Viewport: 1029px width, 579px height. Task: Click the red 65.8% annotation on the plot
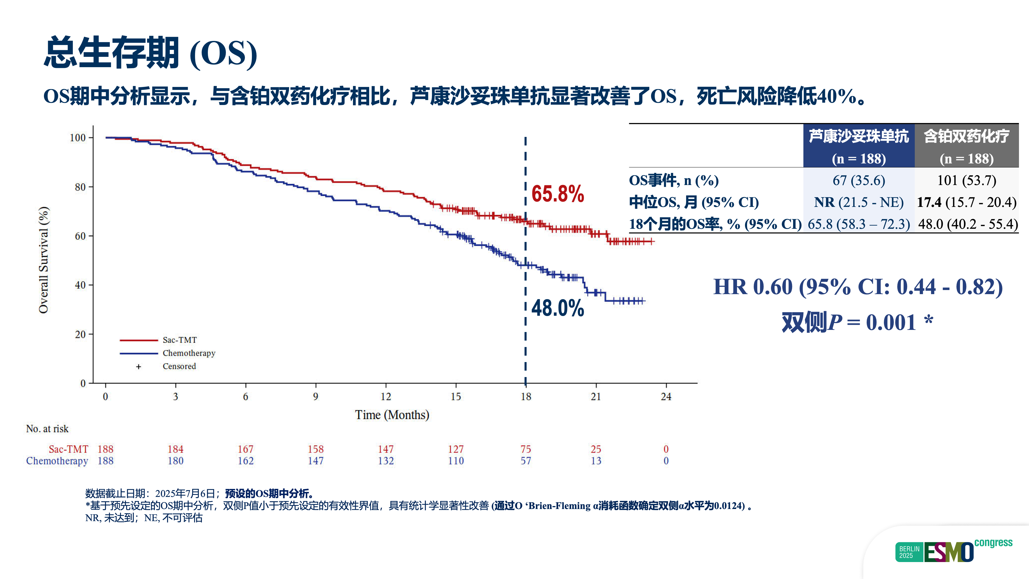558,194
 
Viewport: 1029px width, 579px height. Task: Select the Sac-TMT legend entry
179,340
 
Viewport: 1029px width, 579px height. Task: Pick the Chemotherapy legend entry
189,353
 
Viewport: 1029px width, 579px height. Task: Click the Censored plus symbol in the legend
139,367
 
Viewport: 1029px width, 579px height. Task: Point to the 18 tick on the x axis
526,396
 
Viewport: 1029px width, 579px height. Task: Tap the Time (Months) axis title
392,415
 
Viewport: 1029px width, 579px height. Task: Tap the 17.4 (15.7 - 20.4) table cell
967,202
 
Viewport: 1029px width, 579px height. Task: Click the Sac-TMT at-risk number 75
526,449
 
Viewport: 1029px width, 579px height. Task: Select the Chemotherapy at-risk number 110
456,461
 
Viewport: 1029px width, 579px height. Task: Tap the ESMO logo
949,552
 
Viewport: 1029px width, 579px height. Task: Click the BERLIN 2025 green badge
909,552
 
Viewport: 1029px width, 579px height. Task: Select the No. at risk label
47,429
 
